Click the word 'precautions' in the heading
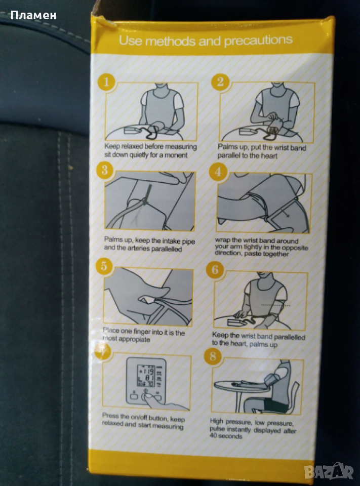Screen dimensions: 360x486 [x=258, y=40]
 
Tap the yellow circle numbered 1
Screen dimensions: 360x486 [x=106, y=82]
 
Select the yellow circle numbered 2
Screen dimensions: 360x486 [x=220, y=82]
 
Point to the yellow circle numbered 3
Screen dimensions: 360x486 [x=104, y=170]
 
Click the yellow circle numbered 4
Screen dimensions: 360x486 [x=218, y=171]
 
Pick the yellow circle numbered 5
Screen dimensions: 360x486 [x=104, y=266]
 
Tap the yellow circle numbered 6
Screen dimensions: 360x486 [x=215, y=269]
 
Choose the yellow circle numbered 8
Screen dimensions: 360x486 [x=213, y=356]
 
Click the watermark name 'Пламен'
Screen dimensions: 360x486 [x=33, y=15]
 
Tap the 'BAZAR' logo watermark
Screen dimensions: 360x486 [x=329, y=471]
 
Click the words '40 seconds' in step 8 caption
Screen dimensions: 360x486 [x=225, y=436]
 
